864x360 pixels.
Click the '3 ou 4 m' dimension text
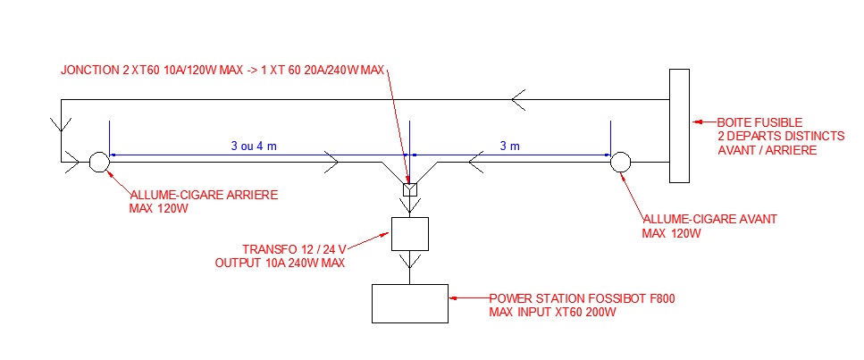(254, 147)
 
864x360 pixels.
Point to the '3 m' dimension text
(509, 147)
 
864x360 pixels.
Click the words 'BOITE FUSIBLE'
(759, 122)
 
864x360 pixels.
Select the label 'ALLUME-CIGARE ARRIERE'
(204, 195)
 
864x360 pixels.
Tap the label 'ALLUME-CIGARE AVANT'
(709, 219)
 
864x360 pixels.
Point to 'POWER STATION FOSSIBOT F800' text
(583, 298)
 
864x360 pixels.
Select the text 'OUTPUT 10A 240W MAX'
(280, 263)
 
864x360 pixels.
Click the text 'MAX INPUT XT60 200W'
(553, 313)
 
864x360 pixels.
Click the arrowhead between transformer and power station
(410, 260)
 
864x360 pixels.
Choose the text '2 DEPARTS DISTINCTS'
(781, 136)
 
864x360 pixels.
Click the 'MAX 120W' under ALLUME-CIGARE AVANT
(671, 233)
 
